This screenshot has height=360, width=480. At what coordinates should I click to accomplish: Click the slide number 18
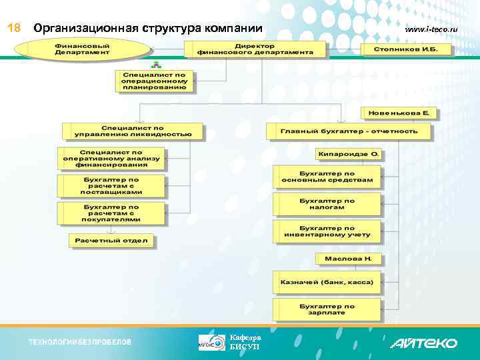13,29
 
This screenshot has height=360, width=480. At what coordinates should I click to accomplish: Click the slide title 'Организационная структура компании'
148,29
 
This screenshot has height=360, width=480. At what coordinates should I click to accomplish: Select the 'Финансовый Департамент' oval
83,49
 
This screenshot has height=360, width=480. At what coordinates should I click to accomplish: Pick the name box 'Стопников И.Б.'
405,49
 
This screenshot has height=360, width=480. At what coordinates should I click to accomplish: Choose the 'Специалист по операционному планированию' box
154,81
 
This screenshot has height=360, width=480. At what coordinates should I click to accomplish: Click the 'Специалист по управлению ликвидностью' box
132,130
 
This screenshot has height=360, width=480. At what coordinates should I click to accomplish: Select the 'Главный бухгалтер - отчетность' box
349,131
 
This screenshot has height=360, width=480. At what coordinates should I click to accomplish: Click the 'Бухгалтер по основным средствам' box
327,176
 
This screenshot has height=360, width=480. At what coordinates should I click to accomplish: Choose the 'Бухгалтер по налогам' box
327,203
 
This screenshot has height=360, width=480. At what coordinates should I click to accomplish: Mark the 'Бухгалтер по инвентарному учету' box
327,231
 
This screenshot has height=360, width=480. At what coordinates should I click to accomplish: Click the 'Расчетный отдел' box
111,240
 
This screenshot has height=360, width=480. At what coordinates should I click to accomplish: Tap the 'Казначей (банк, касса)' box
327,282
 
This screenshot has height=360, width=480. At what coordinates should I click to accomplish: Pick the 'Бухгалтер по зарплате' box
327,309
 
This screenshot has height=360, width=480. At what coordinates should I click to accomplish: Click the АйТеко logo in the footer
423,343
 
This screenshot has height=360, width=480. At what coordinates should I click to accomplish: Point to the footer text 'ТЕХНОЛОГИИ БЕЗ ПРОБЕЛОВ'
80,342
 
